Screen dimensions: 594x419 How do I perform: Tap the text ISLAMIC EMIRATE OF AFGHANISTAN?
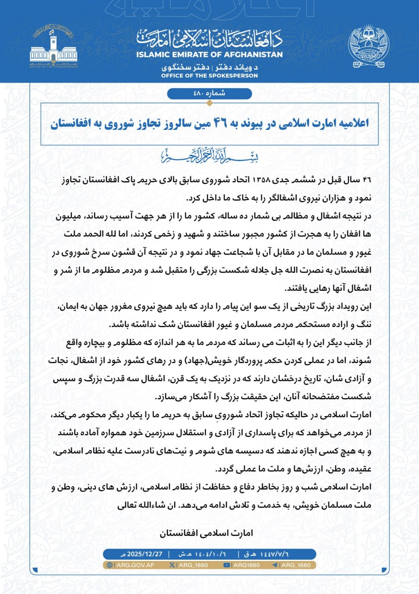click(209, 55)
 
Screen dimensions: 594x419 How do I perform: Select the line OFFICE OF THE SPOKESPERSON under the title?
click(209, 76)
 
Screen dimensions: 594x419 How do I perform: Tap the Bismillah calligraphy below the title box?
click(209, 155)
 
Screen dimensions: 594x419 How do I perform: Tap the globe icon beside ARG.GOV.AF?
click(109, 565)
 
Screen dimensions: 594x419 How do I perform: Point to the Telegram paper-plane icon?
click(276, 565)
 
